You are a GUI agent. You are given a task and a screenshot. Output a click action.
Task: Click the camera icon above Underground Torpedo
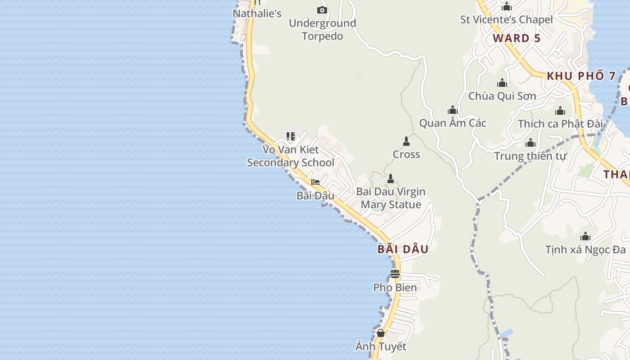(x=322, y=10)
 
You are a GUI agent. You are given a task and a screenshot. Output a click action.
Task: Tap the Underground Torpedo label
(x=322, y=30)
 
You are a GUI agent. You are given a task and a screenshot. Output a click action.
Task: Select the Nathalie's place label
(x=257, y=13)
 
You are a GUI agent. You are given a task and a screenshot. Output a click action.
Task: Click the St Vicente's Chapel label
(x=506, y=20)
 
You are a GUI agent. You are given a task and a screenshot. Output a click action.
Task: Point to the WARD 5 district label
(x=517, y=38)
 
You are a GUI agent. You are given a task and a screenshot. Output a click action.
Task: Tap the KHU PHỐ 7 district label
(x=581, y=76)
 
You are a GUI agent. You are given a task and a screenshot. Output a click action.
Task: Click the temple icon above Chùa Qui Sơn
(x=502, y=83)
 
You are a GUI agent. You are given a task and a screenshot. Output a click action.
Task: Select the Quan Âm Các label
(x=453, y=123)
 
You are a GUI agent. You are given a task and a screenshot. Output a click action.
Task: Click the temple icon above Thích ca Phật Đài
(x=560, y=111)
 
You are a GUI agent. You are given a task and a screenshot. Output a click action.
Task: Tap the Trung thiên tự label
(x=530, y=156)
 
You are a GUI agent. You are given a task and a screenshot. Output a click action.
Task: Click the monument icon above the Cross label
(x=406, y=141)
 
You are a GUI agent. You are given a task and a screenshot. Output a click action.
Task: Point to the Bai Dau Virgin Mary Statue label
(x=391, y=198)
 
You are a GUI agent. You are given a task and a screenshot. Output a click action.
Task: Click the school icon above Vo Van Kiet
(x=291, y=136)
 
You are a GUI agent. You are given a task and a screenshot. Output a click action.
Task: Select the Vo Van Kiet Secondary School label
(x=291, y=156)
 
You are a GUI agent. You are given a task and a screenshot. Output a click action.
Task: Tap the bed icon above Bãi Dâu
(x=315, y=182)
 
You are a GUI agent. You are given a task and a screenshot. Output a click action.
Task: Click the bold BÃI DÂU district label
(x=403, y=249)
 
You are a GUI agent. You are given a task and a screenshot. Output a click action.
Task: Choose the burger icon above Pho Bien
(x=395, y=274)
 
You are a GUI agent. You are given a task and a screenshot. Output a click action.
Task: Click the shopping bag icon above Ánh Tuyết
(x=381, y=333)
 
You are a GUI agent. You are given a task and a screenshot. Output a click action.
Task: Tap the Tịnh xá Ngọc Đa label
(x=585, y=249)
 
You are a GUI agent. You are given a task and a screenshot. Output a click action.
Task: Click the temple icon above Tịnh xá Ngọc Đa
(x=585, y=237)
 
